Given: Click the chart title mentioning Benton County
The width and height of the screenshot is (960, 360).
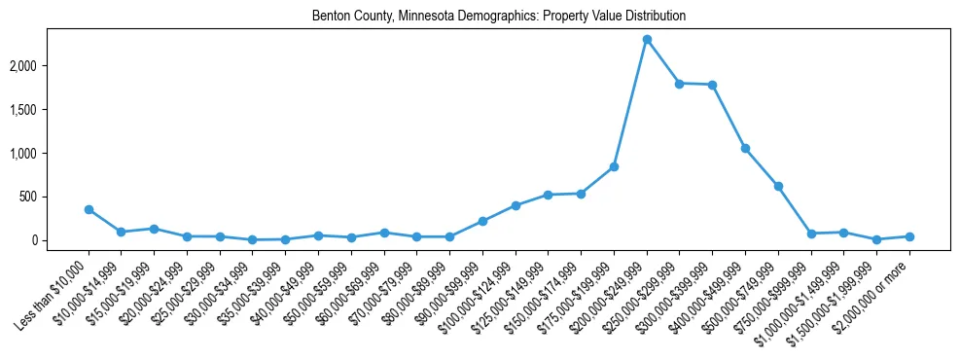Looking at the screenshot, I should pyautogui.click(x=499, y=17).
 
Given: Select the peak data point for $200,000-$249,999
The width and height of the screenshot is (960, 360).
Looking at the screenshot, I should pyautogui.click(x=647, y=40).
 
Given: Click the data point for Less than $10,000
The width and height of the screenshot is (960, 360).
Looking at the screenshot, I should pyautogui.click(x=89, y=209).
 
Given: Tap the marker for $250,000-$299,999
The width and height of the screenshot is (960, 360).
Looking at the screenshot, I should pyautogui.click(x=680, y=84).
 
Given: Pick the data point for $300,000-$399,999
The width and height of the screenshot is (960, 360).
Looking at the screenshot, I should pyautogui.click(x=713, y=85).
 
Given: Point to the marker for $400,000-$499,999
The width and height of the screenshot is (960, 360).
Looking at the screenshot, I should pyautogui.click(x=745, y=149).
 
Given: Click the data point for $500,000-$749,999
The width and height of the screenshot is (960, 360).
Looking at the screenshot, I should pyautogui.click(x=778, y=187).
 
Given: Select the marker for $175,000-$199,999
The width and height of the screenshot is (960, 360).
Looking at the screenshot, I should pyautogui.click(x=614, y=167).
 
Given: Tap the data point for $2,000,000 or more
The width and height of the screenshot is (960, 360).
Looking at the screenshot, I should pyautogui.click(x=909, y=236).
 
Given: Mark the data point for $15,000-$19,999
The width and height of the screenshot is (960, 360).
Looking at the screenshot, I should pyautogui.click(x=154, y=229).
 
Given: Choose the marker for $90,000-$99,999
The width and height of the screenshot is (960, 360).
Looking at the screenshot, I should pyautogui.click(x=482, y=221).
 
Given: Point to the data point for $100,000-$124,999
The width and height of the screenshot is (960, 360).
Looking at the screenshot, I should pyautogui.click(x=516, y=206).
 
